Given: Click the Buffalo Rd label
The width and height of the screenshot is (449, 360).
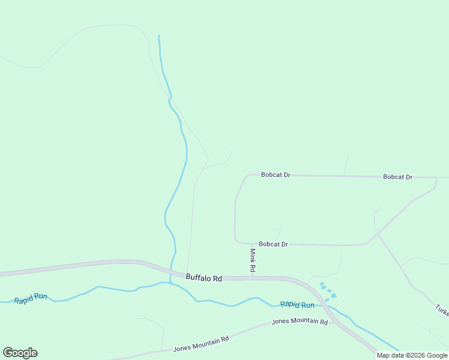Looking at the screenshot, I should click(204, 278).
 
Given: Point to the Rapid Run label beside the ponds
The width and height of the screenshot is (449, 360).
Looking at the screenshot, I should click(297, 305).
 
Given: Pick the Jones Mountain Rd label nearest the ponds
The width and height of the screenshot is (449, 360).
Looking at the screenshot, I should click(300, 322).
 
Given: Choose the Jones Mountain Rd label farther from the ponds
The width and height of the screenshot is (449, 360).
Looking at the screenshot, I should click(201, 344).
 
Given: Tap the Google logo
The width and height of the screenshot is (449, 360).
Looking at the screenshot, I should click(20, 353).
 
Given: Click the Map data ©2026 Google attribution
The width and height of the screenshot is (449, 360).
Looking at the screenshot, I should click(412, 355).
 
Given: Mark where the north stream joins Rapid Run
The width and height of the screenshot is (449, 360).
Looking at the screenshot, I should click(171, 283).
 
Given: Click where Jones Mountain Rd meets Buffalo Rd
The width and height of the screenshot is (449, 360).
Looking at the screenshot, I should click(335, 322).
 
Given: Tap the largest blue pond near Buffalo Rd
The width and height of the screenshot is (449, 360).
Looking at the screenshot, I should click(333, 295).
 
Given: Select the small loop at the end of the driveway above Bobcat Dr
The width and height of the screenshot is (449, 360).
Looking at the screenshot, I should click(279, 230).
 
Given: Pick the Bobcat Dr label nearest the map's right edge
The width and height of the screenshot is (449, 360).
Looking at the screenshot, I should click(398, 177).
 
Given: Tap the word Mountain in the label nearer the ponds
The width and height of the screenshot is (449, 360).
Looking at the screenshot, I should click(304, 322).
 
